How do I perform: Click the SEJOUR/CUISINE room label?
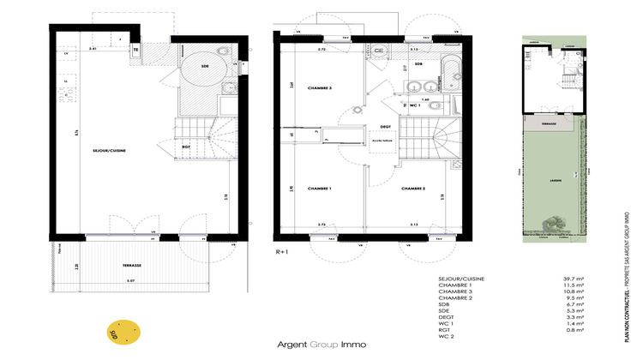coord(110,151)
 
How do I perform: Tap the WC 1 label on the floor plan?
coord(414,105)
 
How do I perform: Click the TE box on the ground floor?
coord(135,50)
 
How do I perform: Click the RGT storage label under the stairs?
coord(184,146)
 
